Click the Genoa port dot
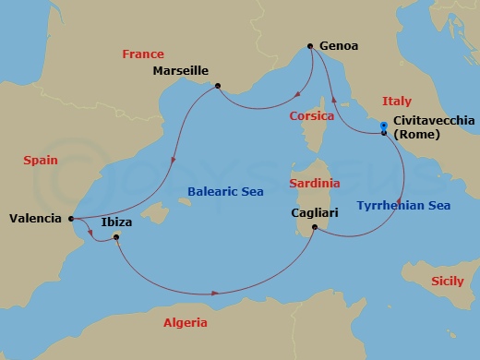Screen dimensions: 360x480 click(x=310, y=45)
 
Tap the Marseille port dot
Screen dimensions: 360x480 click(x=217, y=87)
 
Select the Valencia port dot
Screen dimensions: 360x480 click(x=72, y=219)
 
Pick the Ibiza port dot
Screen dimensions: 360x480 click(x=116, y=238)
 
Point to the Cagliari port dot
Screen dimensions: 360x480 click(x=315, y=228)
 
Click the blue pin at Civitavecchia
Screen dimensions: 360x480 click(x=384, y=130)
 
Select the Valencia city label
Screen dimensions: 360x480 click(x=35, y=219)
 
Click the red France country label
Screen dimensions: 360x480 click(x=141, y=54)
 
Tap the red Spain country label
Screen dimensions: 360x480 click(x=41, y=160)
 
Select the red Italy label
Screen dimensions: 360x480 click(x=398, y=101)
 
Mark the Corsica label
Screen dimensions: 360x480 click(x=311, y=116)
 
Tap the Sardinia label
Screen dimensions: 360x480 click(x=314, y=184)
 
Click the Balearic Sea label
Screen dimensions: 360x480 click(x=225, y=191)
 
